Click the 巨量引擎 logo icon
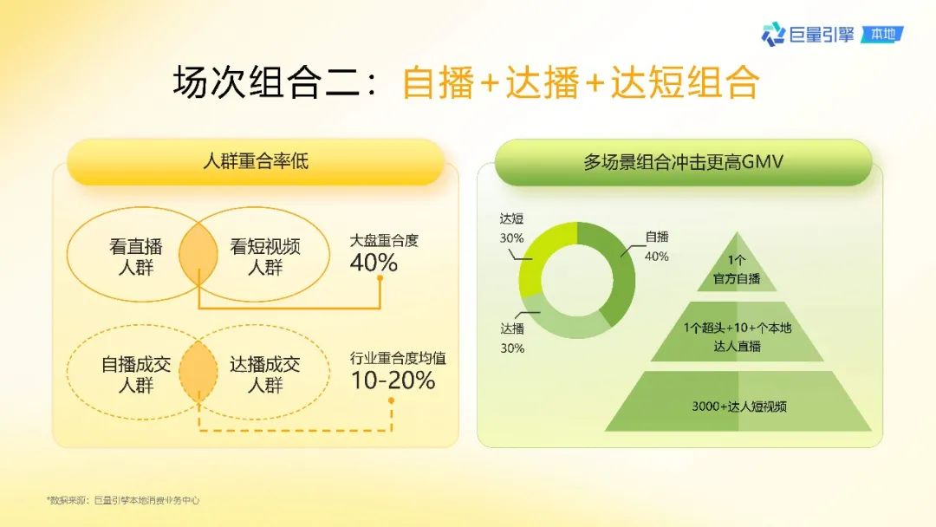773,34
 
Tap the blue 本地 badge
882,34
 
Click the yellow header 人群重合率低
256,161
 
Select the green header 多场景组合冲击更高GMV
683,162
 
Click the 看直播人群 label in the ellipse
136,257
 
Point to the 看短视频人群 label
265,257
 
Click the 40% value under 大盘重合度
374,263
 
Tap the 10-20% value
393,381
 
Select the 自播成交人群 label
136,374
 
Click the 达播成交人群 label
265,374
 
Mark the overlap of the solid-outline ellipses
198,255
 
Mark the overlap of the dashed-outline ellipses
198,372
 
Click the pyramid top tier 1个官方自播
738,270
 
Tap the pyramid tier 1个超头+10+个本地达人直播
738,336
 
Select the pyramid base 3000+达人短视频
738,406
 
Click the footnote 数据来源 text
123,500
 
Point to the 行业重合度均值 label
398,358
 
